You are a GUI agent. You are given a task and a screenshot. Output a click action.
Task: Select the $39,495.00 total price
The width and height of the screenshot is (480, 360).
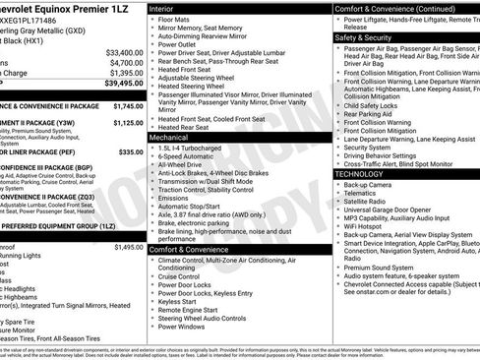[123, 84]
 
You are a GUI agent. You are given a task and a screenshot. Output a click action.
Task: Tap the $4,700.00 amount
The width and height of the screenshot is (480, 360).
[126, 62]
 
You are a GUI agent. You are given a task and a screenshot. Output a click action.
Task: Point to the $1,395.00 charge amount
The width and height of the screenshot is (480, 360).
[126, 73]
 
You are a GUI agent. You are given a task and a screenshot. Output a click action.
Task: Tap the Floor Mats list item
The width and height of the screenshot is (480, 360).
[175, 19]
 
